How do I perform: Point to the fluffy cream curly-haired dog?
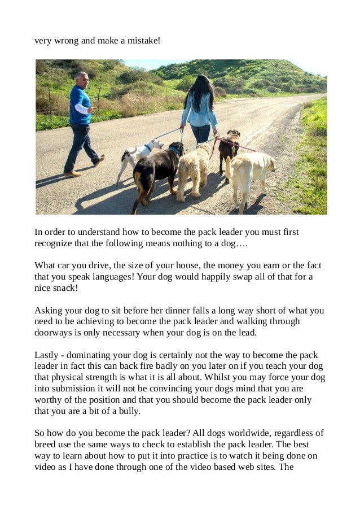[x=193, y=169]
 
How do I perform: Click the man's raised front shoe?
[x=99, y=160]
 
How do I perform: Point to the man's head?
[x=82, y=79]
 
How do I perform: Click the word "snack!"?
[x=65, y=287]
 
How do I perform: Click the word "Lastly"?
[x=46, y=355]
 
